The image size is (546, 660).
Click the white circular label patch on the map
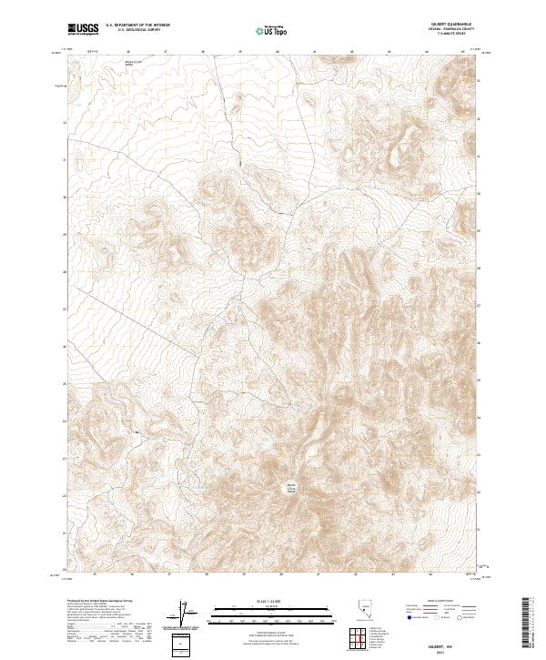pos(293,487)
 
